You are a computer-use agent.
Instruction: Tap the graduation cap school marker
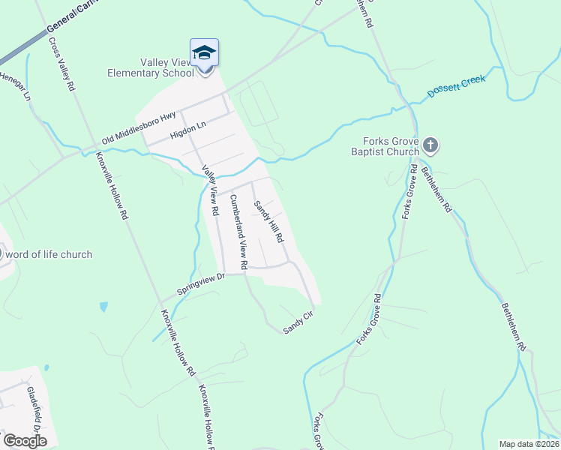tap(204, 54)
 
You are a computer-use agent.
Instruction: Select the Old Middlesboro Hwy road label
tap(140, 127)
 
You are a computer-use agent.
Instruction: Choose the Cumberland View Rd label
tap(236, 232)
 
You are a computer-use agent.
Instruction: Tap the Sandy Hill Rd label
tap(268, 221)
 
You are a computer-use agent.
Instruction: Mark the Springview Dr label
tap(200, 283)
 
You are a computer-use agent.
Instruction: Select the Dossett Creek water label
tap(457, 86)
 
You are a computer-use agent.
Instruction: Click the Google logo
tap(25, 440)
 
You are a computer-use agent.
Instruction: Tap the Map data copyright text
tap(529, 444)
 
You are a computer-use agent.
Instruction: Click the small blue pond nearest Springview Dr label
tap(103, 307)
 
